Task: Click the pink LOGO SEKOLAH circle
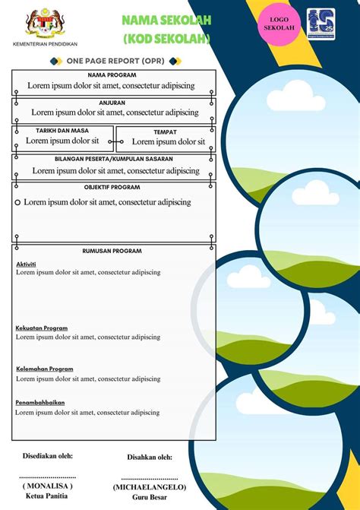(x=279, y=24)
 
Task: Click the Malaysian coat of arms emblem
(x=46, y=24)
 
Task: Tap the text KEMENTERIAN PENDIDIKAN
(x=46, y=44)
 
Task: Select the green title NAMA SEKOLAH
(x=166, y=21)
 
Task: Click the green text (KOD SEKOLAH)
(x=166, y=38)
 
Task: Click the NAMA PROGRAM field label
(x=112, y=75)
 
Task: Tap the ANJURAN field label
(x=112, y=102)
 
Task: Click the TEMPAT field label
(x=165, y=131)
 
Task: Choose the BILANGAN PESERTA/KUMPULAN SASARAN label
(x=114, y=159)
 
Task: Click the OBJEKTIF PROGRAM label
(x=112, y=186)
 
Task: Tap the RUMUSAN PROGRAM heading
(x=112, y=251)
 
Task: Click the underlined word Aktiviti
(x=26, y=264)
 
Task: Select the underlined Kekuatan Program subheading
(x=42, y=328)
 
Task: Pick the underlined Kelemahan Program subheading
(x=45, y=369)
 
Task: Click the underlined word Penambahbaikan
(x=40, y=402)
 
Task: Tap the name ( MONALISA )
(x=47, y=484)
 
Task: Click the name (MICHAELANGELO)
(x=150, y=486)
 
